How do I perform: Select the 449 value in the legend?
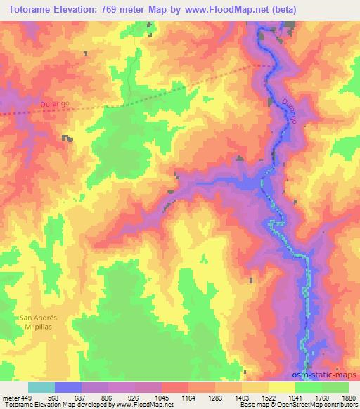[26, 397]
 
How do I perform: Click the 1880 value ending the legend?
[348, 397]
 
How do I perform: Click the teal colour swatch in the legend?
[41, 387]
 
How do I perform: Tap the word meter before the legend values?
[10, 397]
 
